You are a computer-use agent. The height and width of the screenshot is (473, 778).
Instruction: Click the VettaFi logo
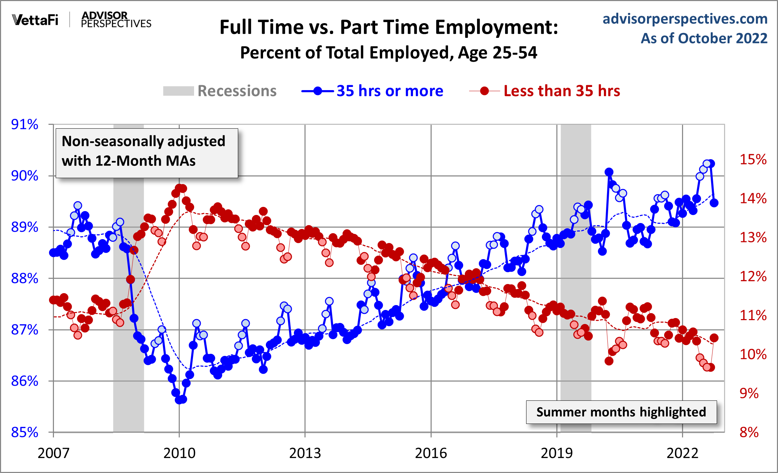(35, 20)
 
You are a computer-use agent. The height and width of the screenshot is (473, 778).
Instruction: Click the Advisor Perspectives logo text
(116, 20)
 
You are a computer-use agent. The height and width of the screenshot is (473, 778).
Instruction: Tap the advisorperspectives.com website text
(685, 19)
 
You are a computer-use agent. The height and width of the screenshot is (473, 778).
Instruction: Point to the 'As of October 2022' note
(704, 38)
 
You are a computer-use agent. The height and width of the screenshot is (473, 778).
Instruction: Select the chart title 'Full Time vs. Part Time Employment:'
(388, 27)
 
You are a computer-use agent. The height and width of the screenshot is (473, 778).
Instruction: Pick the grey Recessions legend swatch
(178, 91)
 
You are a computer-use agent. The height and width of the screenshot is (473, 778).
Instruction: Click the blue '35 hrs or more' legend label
(390, 91)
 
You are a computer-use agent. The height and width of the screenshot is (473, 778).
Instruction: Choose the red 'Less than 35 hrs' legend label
(562, 91)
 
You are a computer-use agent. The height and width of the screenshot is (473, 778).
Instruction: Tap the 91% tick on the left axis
(25, 124)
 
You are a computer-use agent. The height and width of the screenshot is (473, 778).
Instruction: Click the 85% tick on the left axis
(25, 432)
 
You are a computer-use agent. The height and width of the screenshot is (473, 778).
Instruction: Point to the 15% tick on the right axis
(753, 160)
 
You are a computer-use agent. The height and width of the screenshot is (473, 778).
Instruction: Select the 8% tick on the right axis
(749, 432)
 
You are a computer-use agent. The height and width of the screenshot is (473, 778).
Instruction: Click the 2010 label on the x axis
(179, 453)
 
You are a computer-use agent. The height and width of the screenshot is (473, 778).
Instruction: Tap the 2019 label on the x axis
(557, 453)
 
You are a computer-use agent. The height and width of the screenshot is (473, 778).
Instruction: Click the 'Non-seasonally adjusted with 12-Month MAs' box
(147, 153)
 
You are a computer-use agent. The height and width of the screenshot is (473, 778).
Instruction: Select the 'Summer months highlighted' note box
(621, 412)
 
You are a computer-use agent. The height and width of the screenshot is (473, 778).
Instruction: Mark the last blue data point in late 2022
(714, 203)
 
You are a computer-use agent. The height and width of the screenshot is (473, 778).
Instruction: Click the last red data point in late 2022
(714, 338)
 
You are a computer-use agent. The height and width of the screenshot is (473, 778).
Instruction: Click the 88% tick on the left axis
(25, 278)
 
